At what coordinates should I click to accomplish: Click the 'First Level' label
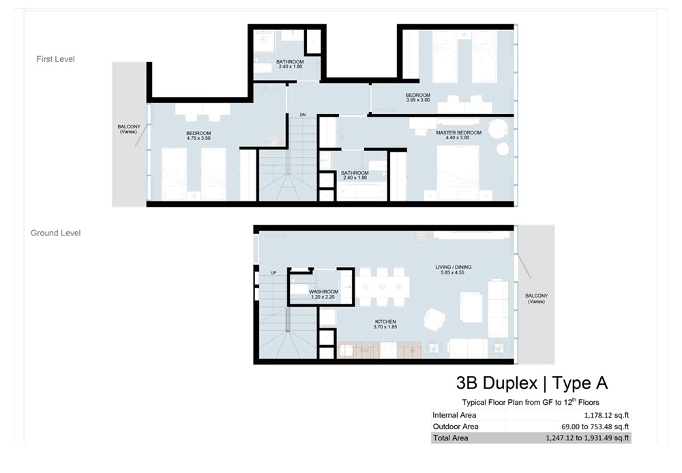point(55,59)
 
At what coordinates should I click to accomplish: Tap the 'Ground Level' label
point(55,233)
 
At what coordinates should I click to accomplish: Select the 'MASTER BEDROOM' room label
point(458,132)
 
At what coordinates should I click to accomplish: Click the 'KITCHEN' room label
point(385,321)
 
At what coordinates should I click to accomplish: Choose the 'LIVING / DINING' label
point(454,267)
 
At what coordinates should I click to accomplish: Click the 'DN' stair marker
point(303,115)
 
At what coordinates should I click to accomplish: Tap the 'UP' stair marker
point(274,272)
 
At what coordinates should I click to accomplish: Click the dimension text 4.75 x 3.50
point(198,139)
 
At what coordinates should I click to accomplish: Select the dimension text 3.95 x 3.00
point(417,100)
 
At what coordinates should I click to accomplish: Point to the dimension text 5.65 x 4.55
point(454,273)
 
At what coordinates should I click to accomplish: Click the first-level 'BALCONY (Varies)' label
point(128,129)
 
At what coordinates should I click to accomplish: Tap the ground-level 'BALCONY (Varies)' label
point(536,298)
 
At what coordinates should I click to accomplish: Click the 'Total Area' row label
point(451,438)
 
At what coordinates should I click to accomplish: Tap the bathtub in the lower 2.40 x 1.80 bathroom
point(355,193)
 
